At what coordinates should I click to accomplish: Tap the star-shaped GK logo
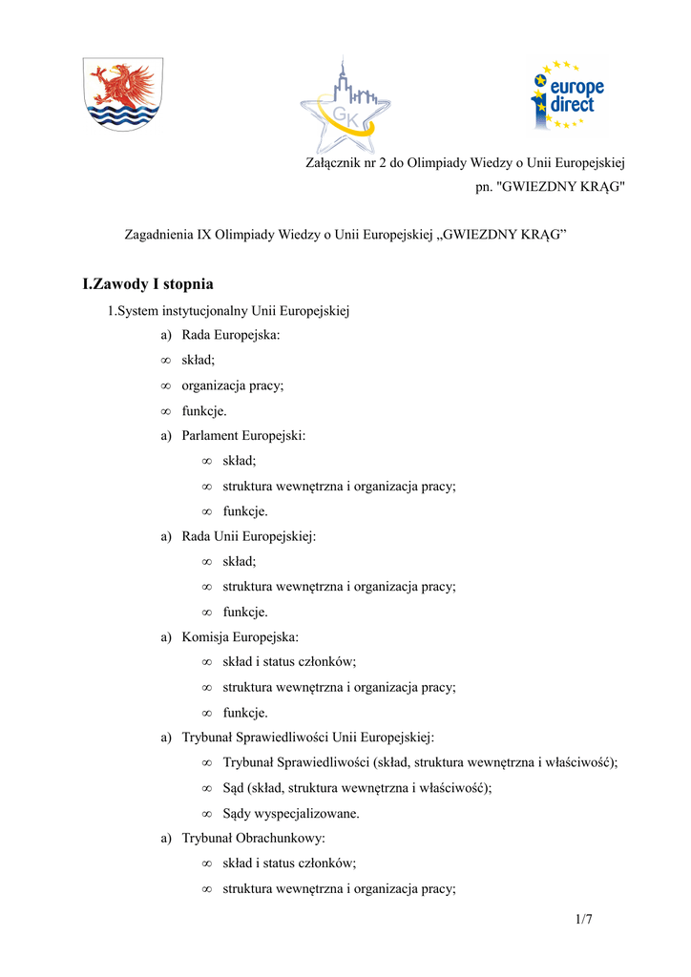345,107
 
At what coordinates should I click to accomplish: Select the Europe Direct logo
568,94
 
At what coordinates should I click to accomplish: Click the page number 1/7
584,919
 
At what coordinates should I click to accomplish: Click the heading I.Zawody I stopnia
148,284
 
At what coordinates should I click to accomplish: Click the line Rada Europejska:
231,336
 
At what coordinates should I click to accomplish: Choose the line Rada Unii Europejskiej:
248,536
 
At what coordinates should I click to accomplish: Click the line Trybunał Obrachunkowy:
253,838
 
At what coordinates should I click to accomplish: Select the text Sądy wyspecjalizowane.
291,814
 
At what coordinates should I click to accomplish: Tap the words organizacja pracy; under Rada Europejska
233,385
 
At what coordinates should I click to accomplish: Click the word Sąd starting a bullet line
233,788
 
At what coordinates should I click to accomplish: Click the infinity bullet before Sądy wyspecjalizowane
207,814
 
